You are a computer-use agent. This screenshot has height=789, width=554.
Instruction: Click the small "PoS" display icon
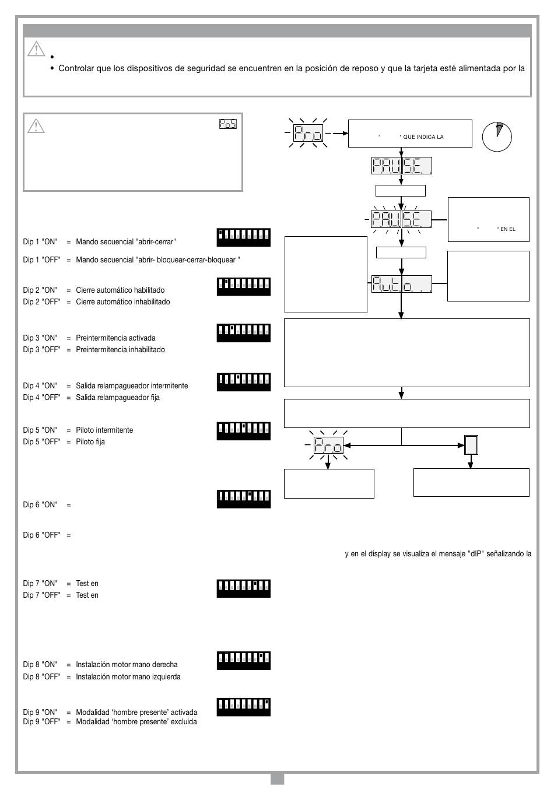pos(228,124)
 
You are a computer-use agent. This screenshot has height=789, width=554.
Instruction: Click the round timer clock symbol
pos(497,136)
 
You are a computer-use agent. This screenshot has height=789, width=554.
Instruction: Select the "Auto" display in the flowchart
pos(401,284)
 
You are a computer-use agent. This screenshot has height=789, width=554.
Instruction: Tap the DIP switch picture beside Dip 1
pos(243,237)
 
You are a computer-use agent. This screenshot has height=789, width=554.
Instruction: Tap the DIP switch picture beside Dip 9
pos(243,707)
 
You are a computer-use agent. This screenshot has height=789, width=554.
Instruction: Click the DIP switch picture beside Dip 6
pos(243,499)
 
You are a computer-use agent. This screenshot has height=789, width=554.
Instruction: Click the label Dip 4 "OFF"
pos(41,397)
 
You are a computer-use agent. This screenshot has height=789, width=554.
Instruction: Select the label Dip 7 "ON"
pos(40,583)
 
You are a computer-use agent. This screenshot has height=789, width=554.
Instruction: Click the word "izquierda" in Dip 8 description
pos(167,676)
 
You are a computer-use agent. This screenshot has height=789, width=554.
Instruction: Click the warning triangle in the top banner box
pos(36,48)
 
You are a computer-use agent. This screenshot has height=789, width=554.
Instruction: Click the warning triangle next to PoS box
pos(36,126)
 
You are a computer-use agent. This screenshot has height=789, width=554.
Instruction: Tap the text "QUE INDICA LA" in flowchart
pos(423,137)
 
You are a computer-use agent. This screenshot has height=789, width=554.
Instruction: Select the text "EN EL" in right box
pos(507,229)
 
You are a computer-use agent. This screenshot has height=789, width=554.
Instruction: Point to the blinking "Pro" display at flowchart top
pos(308,133)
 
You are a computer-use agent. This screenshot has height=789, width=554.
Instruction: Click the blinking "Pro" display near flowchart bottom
pos(328,445)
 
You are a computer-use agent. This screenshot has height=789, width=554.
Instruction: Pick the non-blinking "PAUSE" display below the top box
pos(401,166)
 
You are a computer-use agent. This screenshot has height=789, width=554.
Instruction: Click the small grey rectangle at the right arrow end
pos(471,445)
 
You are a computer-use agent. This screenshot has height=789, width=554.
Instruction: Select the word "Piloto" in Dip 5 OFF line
pos(86,441)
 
